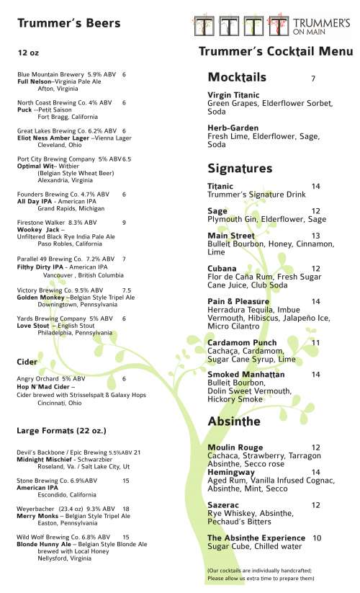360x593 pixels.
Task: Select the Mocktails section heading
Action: tap(237, 77)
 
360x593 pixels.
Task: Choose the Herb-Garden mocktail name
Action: tap(233, 128)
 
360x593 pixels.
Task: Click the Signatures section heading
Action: tap(240, 169)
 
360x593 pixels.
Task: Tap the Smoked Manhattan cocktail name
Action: tap(246, 375)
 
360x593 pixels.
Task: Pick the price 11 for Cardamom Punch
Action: tap(315, 342)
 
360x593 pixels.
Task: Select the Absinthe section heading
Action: tap(235, 421)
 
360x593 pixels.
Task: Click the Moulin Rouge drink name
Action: tap(235, 447)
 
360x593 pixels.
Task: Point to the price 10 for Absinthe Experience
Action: tap(317, 538)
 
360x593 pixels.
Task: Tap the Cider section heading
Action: tap(27, 360)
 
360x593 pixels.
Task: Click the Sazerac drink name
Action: tap(224, 505)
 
